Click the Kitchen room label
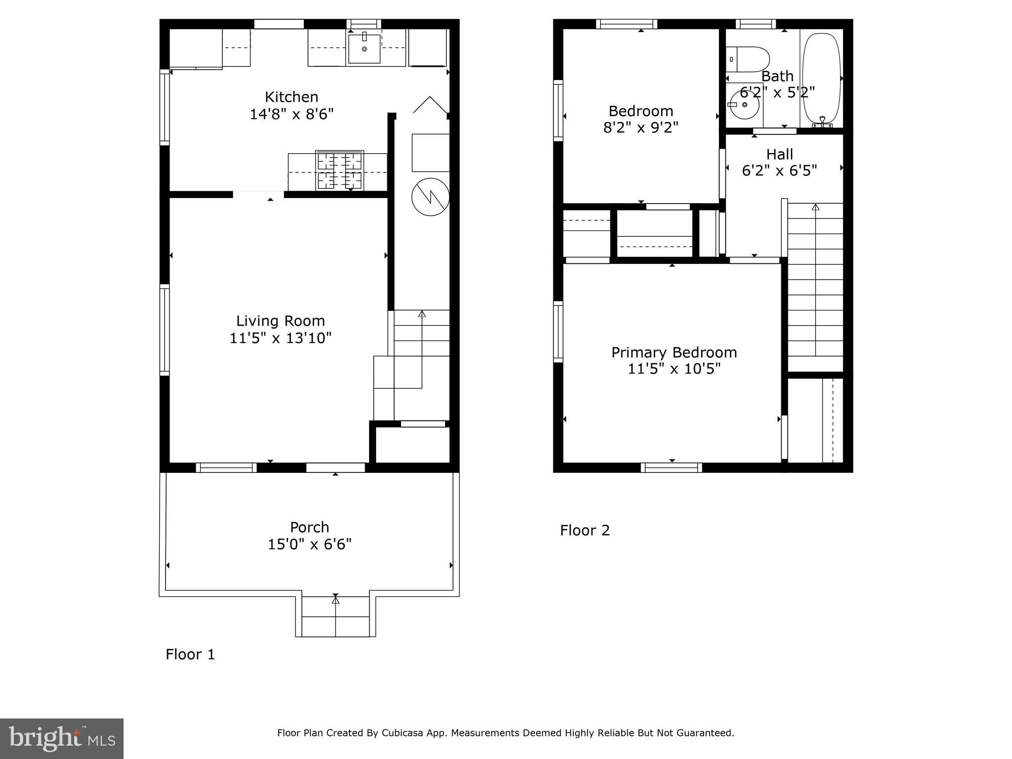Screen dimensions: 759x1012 coord(291,97)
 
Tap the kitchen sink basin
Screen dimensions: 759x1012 coord(364,49)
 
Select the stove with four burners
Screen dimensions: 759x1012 coord(339,170)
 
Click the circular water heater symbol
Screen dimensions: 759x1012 coord(430,197)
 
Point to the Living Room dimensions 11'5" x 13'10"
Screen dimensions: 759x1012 coord(280,338)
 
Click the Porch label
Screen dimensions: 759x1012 coord(309,527)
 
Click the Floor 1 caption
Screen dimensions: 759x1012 coord(190,654)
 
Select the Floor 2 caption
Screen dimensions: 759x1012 coord(585,530)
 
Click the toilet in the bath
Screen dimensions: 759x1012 coord(748,59)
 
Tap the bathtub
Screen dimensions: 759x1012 coord(821,78)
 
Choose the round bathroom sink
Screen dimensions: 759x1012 coord(744,105)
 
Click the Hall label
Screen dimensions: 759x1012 coord(779,154)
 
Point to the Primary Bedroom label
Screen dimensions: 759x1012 coord(674,352)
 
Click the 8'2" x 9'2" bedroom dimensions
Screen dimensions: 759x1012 coord(640,127)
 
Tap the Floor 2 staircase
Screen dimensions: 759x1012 coord(815,287)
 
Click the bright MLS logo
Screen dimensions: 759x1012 coord(62,738)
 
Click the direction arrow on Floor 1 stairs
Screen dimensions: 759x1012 coord(422,314)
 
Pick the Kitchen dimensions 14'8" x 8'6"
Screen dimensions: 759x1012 coord(291,114)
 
